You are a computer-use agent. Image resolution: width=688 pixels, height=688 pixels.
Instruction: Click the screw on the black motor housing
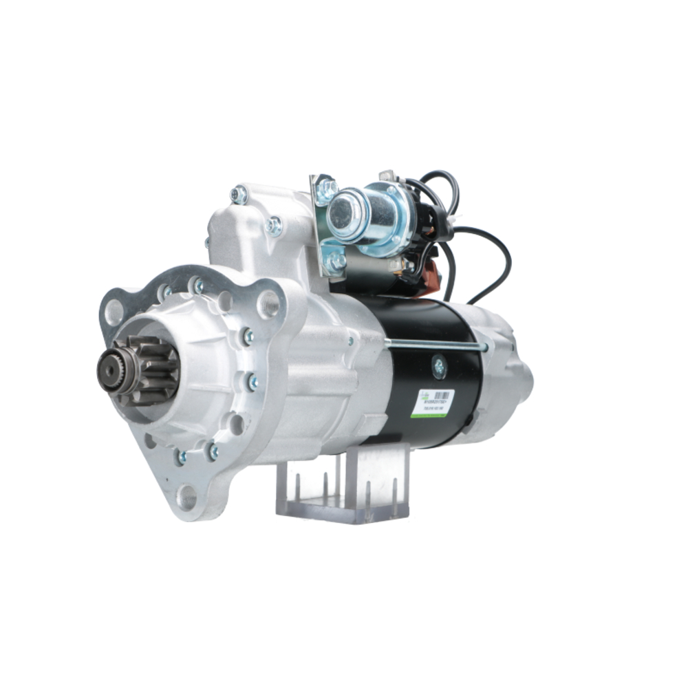click(x=438, y=366)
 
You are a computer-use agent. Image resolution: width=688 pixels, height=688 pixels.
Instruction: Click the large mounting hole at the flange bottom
click(x=186, y=496)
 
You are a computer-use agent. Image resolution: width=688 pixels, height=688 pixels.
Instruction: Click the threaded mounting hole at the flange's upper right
click(x=268, y=303)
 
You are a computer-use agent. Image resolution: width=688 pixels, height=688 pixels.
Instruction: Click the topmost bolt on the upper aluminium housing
click(x=239, y=195)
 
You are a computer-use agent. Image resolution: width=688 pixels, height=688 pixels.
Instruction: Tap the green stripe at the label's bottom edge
click(x=434, y=415)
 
